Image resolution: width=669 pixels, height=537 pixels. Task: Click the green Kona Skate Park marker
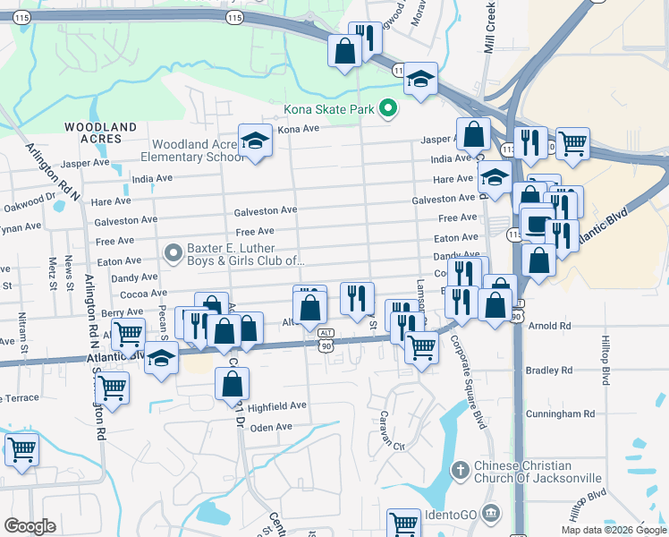(x=387, y=109)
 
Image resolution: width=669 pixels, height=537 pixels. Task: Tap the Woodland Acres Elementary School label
(x=197, y=150)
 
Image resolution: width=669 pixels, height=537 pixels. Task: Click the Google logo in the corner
(x=30, y=526)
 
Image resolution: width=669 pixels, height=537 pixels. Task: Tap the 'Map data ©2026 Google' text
(x=614, y=530)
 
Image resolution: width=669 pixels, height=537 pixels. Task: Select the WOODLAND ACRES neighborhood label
(x=100, y=133)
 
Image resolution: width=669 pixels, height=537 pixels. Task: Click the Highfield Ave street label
(x=277, y=405)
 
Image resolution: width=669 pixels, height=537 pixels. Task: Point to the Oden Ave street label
(x=273, y=427)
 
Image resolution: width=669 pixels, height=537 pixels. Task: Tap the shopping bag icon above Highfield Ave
(x=232, y=383)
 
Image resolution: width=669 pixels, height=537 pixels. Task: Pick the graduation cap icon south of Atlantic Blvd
(x=161, y=359)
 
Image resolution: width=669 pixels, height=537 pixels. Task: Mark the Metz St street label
(x=53, y=268)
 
